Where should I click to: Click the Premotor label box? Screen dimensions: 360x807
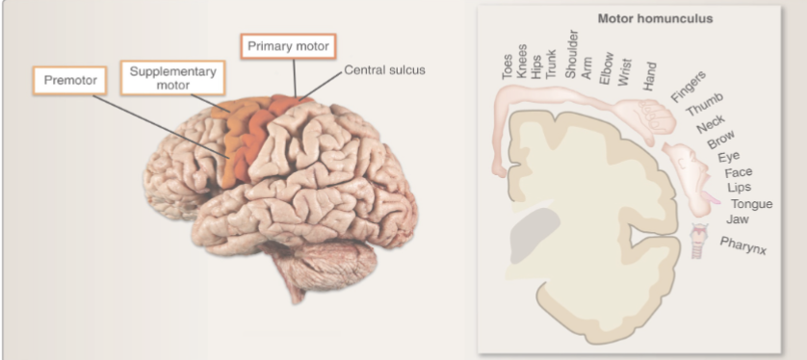pyautogui.click(x=72, y=80)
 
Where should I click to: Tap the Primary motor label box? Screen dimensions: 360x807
pyautogui.click(x=288, y=46)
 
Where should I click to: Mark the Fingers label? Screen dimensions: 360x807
pyautogui.click(x=688, y=86)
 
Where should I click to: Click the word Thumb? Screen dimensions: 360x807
pyautogui.click(x=704, y=104)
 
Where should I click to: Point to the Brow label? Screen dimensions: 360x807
pyautogui.click(x=720, y=141)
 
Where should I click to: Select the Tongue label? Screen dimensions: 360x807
pyautogui.click(x=751, y=204)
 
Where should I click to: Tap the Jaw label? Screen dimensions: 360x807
pyautogui.click(x=738, y=219)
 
